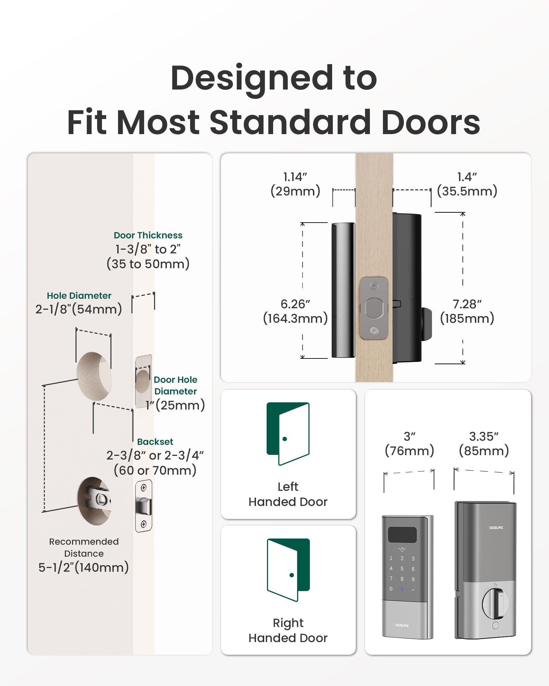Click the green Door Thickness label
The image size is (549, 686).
(148, 235)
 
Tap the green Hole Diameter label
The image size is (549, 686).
(79, 296)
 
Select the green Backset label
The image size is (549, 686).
(155, 442)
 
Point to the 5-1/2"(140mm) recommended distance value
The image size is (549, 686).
(83, 567)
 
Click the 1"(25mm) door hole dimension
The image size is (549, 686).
(175, 405)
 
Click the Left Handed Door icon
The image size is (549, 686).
(288, 434)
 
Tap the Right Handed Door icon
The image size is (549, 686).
(288, 570)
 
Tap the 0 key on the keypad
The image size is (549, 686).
(391, 589)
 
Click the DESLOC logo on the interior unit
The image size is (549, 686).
(496, 528)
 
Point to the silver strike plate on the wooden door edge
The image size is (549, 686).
(374, 308)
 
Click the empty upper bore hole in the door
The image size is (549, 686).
(94, 376)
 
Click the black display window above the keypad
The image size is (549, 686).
(402, 535)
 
